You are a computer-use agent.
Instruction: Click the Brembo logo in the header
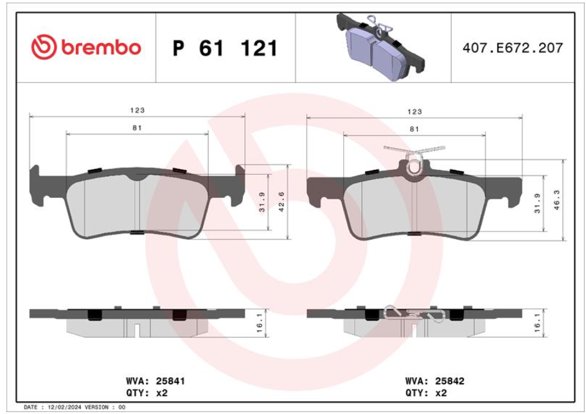pyautogui.click(x=86, y=48)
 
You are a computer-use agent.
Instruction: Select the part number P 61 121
pyautogui.click(x=225, y=48)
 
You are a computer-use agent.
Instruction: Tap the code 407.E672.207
pyautogui.click(x=512, y=48)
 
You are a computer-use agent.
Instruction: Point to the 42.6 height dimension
pyautogui.click(x=282, y=202)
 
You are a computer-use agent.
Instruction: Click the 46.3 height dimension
pyautogui.click(x=557, y=200)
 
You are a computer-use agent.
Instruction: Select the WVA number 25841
pyautogui.click(x=170, y=381)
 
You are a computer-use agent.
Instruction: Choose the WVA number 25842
pyautogui.click(x=450, y=381)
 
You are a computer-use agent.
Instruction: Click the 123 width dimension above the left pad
pyautogui.click(x=137, y=111)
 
